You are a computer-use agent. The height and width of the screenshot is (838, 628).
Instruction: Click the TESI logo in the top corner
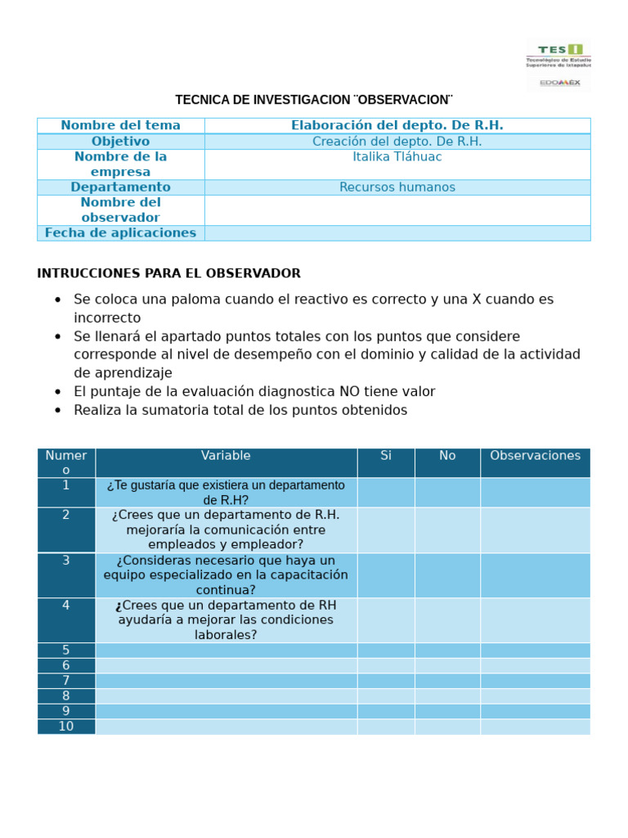[559, 64]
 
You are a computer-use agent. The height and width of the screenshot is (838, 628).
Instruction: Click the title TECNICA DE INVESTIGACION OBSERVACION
[313, 100]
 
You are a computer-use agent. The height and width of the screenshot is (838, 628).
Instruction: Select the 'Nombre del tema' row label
[120, 125]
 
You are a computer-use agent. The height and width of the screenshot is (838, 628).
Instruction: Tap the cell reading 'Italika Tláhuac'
[397, 156]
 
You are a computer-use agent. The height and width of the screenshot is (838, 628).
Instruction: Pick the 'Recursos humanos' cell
[397, 187]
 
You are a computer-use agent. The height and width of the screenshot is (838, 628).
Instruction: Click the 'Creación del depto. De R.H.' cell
[397, 142]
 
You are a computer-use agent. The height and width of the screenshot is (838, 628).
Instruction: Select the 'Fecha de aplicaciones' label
[120, 233]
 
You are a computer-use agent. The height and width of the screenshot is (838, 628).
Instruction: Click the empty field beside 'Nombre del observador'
[397, 210]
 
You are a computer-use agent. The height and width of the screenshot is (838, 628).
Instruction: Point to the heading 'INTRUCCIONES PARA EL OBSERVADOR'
[168, 273]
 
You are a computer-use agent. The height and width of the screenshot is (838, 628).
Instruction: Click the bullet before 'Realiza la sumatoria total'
[57, 411]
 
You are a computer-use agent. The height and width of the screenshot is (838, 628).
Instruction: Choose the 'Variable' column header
[226, 456]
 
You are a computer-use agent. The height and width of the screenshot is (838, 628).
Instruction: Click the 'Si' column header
[386, 456]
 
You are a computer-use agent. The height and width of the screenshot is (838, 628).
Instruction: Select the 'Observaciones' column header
[535, 456]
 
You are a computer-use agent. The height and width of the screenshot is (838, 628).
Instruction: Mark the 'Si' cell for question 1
[386, 493]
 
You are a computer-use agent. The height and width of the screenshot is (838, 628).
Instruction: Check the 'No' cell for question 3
[447, 575]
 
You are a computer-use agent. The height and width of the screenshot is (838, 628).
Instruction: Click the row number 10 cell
[66, 727]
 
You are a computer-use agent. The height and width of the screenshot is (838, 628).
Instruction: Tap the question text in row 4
[226, 620]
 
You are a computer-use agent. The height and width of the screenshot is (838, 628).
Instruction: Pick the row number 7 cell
[66, 681]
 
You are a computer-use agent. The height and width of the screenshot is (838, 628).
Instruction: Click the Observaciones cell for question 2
[535, 530]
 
